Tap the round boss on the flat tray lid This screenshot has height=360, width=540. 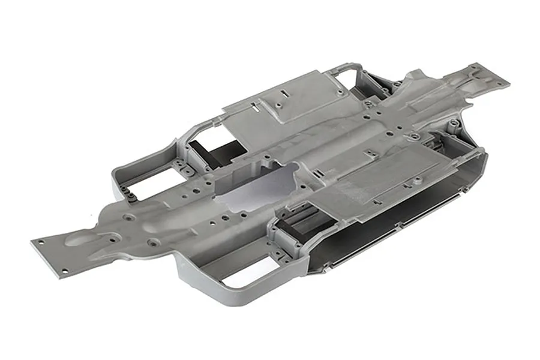(x=413, y=137)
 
